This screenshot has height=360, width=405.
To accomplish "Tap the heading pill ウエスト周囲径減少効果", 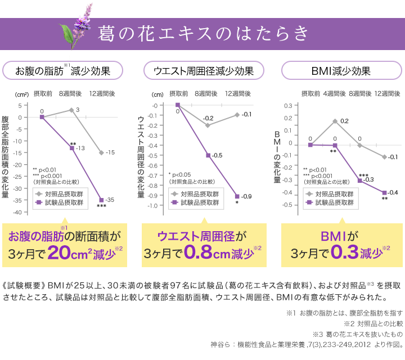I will (202, 71).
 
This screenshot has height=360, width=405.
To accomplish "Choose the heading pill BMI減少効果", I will (341, 71).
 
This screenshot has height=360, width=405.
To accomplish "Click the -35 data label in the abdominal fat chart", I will (110, 200).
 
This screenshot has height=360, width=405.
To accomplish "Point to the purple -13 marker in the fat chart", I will (72, 147).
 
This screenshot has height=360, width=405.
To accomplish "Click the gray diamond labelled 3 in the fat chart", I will (71, 110).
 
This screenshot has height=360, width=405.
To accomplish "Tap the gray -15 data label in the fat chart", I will (110, 152).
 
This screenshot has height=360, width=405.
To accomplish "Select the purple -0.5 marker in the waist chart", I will (208, 155).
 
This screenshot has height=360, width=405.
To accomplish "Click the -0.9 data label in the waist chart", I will (246, 196).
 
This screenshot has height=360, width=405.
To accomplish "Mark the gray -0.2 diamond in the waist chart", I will (208, 125).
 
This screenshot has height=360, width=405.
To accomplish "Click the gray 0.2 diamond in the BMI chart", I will (335, 121).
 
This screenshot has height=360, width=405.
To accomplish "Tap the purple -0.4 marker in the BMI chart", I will (385, 193).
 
